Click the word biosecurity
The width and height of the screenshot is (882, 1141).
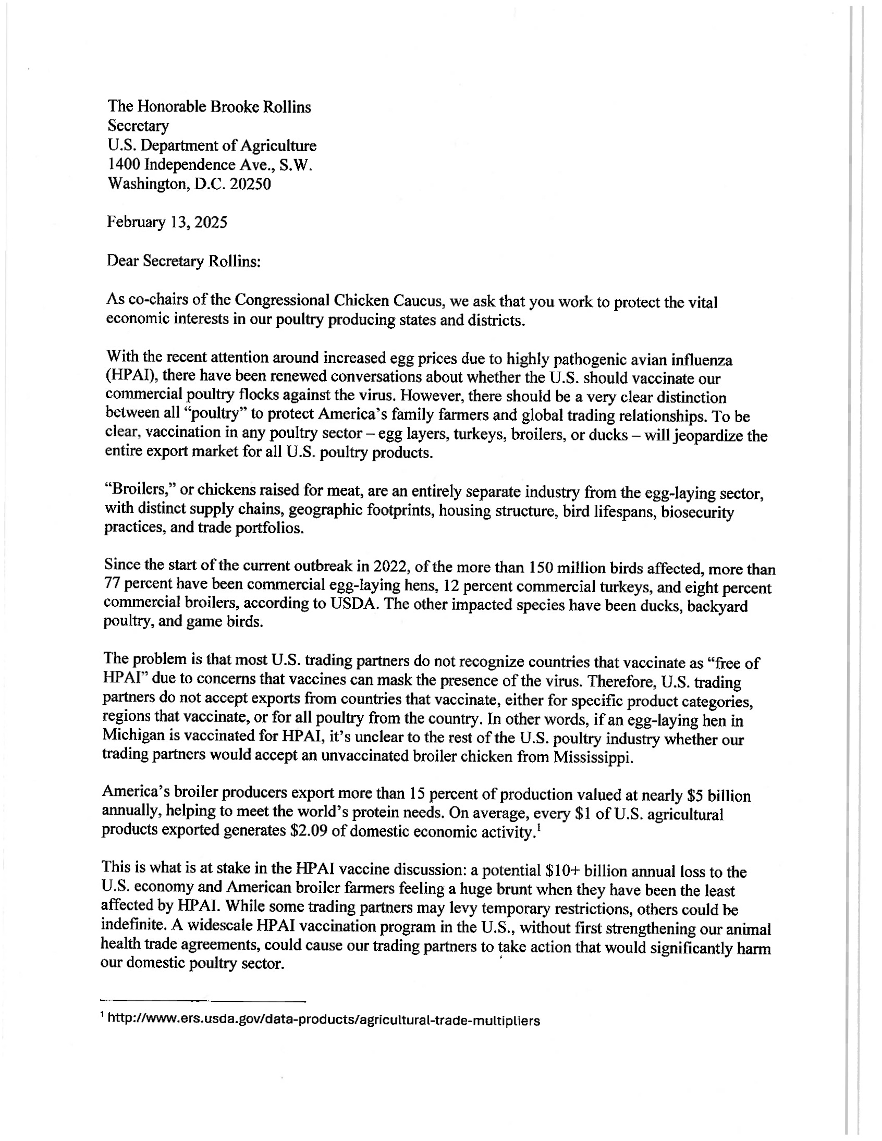[697, 512]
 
